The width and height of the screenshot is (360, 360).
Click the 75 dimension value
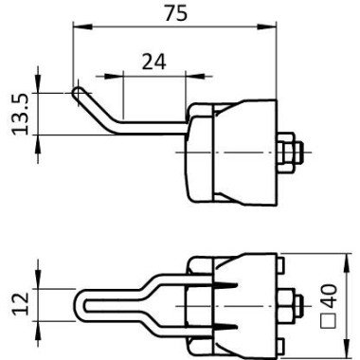click(x=176, y=13)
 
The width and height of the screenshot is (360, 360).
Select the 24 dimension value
click(x=153, y=62)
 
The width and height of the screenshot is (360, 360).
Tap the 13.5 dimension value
click(x=21, y=115)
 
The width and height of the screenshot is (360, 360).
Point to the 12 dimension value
click(x=21, y=304)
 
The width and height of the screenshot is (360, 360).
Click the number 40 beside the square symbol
click(x=329, y=297)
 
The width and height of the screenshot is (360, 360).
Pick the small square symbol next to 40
click(x=328, y=321)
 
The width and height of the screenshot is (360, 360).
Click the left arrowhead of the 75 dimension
click(x=82, y=27)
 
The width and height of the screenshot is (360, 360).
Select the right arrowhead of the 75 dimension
click(x=267, y=27)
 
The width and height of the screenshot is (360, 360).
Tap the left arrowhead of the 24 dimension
click(x=114, y=76)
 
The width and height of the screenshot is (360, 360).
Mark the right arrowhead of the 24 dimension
click(x=195, y=76)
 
